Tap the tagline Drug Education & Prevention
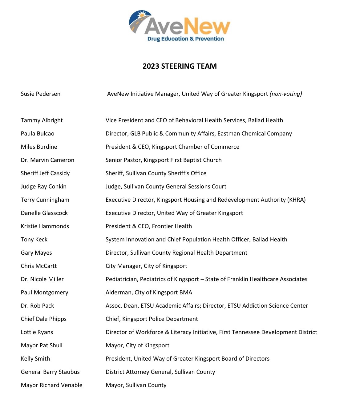185,39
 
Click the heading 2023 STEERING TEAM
180,66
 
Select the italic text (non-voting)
286,94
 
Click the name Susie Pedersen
40,94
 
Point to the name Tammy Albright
42,120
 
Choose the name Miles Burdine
39,147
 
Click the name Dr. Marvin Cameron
47,160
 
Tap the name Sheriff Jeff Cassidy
45,173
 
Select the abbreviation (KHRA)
296,200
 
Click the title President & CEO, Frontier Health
148,226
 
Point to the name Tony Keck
34,240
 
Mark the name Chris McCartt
38,266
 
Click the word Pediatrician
122,279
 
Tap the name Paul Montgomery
44,293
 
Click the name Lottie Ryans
37,332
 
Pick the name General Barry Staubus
50,372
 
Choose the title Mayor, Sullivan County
136,385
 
